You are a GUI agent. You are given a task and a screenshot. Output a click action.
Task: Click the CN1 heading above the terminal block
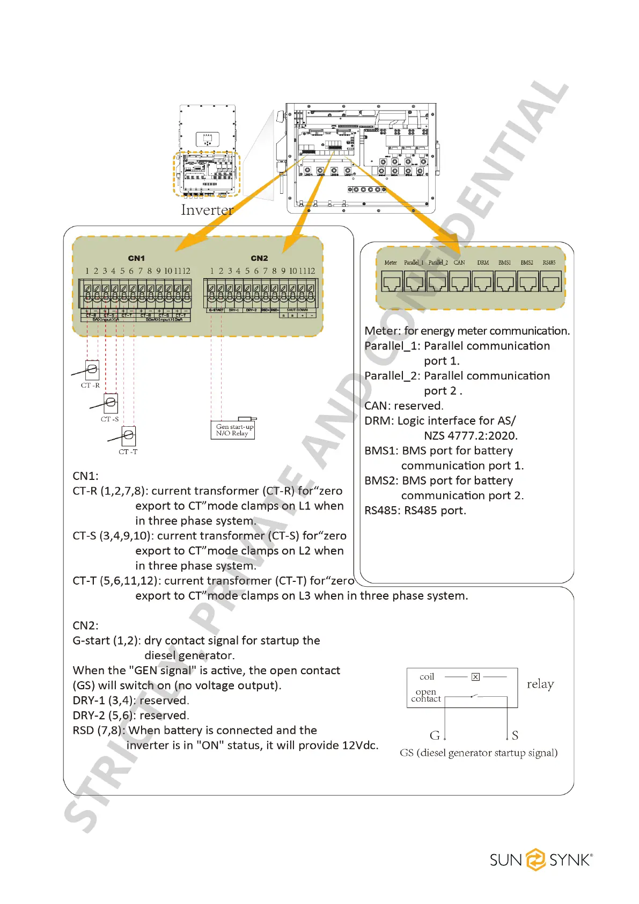(136, 258)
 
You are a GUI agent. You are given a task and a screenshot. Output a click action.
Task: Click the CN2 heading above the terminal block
(259, 258)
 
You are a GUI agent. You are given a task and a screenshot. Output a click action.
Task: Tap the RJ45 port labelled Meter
(392, 281)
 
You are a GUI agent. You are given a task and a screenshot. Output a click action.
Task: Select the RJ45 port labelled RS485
(550, 281)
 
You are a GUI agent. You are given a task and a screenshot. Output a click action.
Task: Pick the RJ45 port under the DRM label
(483, 281)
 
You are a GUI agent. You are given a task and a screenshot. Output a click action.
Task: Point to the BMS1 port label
(504, 263)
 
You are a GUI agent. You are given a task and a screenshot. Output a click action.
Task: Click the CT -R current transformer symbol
(92, 369)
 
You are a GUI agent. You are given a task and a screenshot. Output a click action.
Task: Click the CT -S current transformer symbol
(111, 403)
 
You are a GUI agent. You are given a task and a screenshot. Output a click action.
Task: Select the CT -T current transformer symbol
(128, 435)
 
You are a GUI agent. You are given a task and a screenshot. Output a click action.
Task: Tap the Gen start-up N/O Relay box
(233, 429)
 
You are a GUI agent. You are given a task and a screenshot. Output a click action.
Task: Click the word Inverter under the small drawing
(207, 210)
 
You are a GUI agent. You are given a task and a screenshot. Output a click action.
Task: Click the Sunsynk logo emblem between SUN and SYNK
(535, 859)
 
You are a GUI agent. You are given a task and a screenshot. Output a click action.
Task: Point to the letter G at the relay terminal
(435, 735)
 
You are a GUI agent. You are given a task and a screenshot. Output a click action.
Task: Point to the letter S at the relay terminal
(515, 735)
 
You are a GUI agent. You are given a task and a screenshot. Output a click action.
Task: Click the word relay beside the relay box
(540, 684)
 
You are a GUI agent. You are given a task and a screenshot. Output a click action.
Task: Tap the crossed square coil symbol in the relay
(475, 677)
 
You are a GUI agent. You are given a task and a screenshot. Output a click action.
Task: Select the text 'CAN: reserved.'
(404, 406)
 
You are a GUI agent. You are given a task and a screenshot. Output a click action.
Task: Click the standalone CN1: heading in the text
(86, 476)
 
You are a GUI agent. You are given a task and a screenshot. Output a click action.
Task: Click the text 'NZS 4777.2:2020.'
(471, 436)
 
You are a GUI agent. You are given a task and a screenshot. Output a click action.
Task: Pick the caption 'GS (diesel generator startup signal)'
(479, 753)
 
